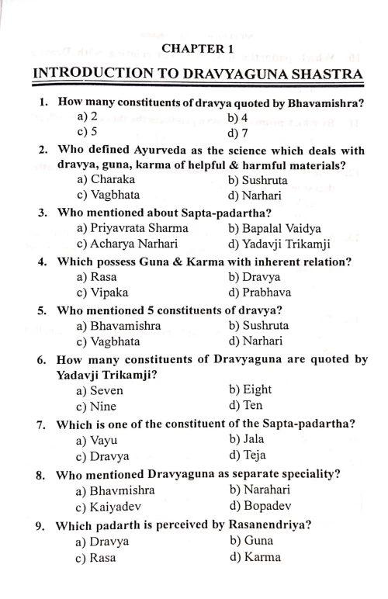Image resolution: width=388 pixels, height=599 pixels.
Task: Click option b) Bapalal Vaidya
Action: tap(275, 228)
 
